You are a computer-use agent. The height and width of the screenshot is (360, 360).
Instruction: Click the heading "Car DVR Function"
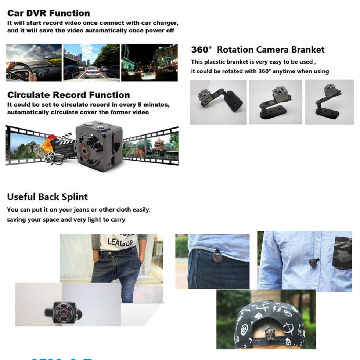coord(48,13)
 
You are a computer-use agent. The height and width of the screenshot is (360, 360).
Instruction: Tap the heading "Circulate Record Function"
coord(68,95)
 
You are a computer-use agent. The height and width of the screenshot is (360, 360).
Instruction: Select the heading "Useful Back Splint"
coord(47,197)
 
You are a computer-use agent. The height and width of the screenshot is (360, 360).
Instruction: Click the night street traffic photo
coord(149,62)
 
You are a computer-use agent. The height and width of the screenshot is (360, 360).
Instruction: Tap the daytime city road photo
coord(91,62)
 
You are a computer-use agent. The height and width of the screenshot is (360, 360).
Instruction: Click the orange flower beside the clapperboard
coord(47,145)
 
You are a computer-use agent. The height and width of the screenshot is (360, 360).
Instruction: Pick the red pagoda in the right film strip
coord(159,145)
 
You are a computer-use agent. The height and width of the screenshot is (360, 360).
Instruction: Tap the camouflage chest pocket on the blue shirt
coord(342,253)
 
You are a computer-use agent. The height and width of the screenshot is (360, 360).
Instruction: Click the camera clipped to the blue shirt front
coord(313,262)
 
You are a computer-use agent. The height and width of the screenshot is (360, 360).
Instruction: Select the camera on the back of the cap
coord(270,333)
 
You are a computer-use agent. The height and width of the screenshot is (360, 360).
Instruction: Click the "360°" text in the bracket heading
coord(202,50)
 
